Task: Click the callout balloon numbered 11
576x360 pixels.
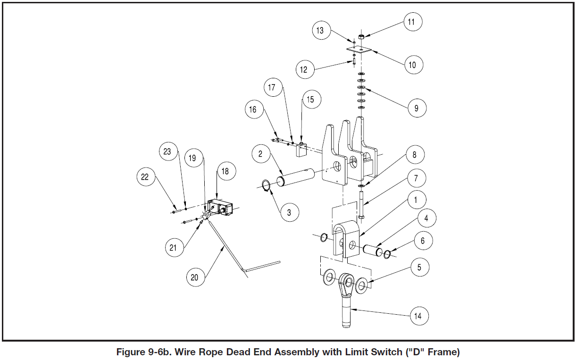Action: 412,22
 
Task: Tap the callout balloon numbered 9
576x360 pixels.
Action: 417,108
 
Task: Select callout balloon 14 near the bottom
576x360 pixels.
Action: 417,316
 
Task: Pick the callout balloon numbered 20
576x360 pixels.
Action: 195,277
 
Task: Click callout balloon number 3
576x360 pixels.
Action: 289,212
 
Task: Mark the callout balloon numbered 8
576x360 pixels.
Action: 414,155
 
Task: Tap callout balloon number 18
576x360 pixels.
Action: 225,171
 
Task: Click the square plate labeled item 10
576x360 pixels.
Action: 359,49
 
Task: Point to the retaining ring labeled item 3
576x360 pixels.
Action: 266,186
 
